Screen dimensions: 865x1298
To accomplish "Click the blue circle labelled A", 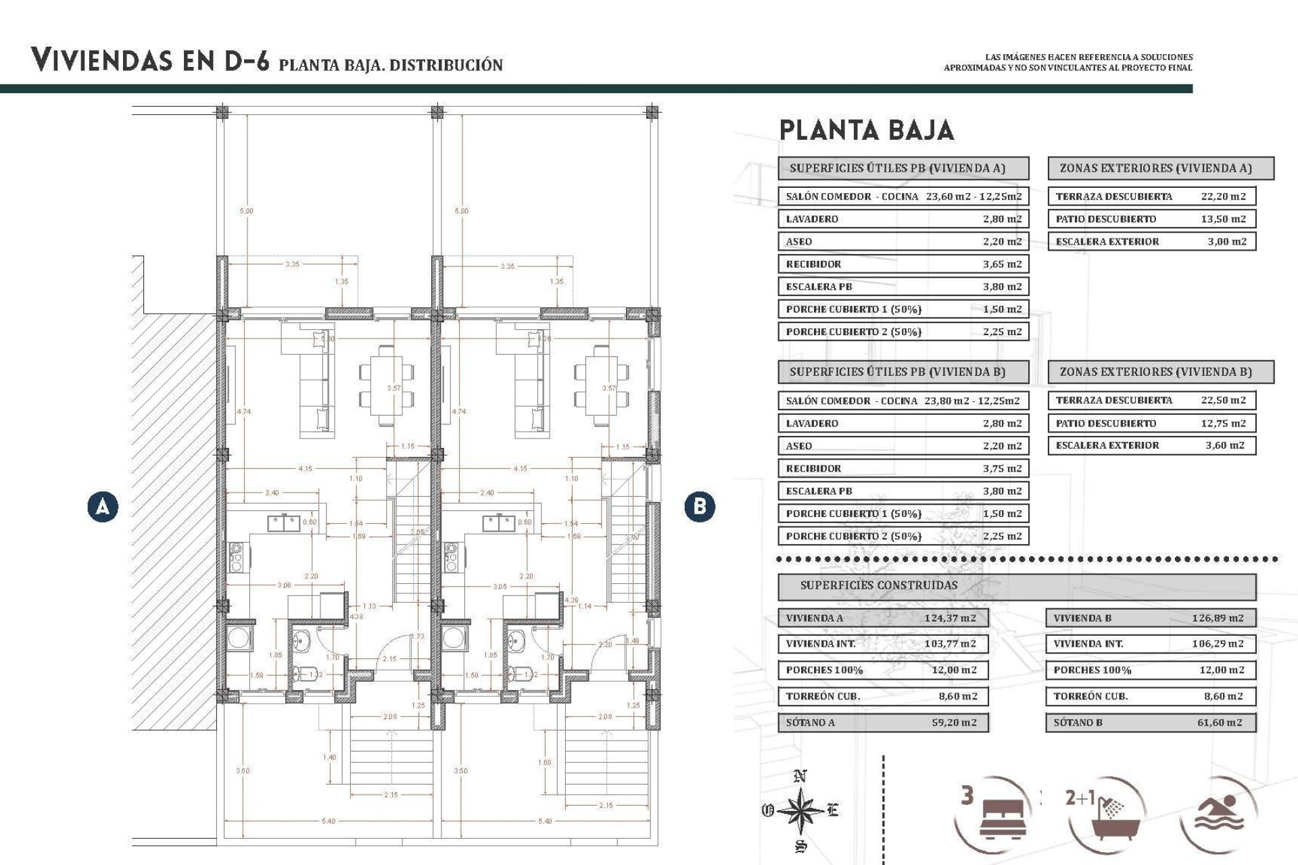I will pos(103,506).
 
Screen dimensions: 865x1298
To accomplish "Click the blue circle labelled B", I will pos(700,506).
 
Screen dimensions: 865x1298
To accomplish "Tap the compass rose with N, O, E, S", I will pos(800,810).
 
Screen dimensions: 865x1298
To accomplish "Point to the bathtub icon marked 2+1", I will pos(1105,815).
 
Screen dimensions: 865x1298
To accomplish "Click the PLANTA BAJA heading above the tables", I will pos(866,130).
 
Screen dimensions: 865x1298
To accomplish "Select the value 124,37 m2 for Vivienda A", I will pos(950,618).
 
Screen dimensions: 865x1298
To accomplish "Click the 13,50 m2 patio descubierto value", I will pos(1223,219).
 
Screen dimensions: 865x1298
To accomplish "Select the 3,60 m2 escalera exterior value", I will pos(1224,445).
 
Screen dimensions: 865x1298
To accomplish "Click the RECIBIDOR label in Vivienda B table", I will pos(813,468).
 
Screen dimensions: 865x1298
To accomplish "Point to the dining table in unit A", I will pos(386,385).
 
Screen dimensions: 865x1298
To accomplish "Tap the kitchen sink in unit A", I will pos(284,523).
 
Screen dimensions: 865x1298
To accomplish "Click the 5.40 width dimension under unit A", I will pos(328,821).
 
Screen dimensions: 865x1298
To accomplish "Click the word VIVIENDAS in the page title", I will pos(101,61).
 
